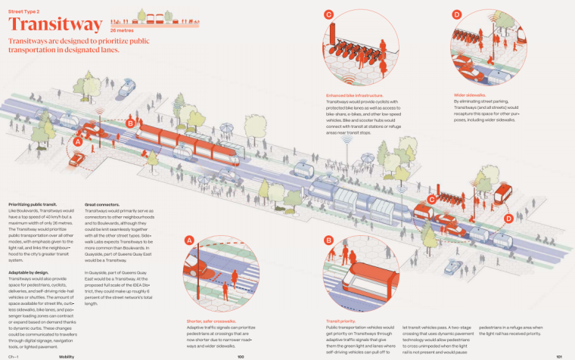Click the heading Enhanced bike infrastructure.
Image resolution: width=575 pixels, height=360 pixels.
tap(356, 95)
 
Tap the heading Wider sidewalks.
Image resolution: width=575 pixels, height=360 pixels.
tap(471, 95)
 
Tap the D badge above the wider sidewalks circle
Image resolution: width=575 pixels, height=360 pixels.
tap(457, 14)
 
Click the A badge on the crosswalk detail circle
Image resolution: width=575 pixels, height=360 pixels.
tap(190, 241)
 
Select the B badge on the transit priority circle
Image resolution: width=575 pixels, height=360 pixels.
tap(329, 241)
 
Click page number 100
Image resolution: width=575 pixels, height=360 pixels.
tap(240, 355)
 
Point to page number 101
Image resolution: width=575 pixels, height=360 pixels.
tap(558, 355)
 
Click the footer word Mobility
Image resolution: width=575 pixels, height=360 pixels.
tap(67, 355)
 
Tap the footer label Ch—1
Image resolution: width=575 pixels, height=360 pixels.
tap(13, 355)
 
